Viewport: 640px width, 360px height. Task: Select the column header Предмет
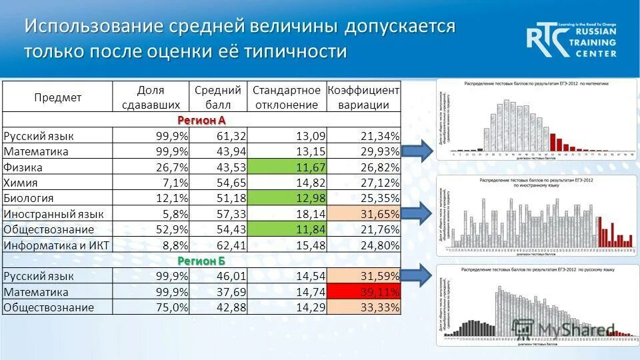[57, 97]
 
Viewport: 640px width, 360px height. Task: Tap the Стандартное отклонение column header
[286, 97]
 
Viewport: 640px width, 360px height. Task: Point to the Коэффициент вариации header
[363, 97]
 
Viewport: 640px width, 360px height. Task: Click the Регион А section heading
[201, 120]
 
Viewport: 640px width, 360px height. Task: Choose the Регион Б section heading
[201, 260]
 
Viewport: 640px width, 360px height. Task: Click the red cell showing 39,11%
[363, 291]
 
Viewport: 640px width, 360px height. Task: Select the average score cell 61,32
[219, 136]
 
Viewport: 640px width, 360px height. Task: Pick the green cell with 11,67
[286, 167]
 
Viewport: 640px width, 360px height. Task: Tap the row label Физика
[23, 167]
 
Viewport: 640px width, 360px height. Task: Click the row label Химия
[21, 183]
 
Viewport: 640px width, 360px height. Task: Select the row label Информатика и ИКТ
[56, 245]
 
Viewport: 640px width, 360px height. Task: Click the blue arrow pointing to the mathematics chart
[417, 151]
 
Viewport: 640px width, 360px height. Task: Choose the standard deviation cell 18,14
[286, 213]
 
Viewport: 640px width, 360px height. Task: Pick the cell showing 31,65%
[363, 213]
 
